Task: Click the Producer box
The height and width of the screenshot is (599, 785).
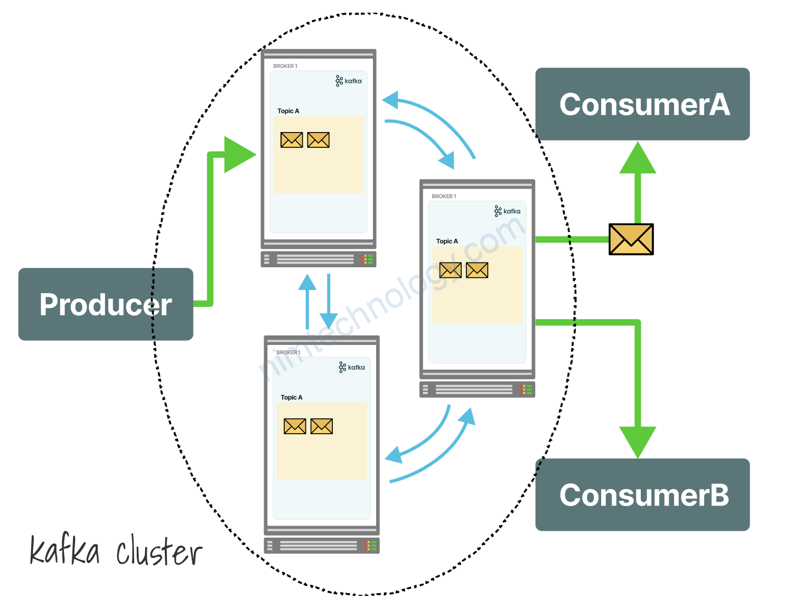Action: tap(106, 304)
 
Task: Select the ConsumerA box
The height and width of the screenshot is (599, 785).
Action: tap(642, 104)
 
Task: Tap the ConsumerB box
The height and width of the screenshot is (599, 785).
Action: tap(642, 495)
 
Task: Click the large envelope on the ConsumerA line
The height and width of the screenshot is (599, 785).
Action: tap(631, 239)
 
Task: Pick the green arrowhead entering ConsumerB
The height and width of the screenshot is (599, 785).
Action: tap(638, 442)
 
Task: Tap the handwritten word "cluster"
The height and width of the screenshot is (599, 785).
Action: tap(158, 553)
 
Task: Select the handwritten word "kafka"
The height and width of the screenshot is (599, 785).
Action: tap(64, 550)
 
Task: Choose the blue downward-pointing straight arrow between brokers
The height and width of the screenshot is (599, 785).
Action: tap(329, 301)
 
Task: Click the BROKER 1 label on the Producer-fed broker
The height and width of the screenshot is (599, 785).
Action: tap(285, 66)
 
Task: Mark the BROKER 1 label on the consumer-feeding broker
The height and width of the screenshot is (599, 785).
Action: tap(444, 196)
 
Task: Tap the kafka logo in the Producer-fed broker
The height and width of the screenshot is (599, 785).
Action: tap(349, 81)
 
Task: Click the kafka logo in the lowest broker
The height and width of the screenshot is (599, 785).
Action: tap(352, 367)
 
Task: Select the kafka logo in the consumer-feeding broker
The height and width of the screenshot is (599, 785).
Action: tap(507, 211)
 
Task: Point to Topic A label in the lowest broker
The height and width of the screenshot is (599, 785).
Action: tap(292, 397)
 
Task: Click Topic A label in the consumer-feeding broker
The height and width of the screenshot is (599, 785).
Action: tap(447, 241)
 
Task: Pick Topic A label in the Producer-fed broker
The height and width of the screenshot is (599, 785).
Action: tap(288, 111)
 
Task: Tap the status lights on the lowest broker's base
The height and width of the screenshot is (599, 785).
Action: tap(370, 546)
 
